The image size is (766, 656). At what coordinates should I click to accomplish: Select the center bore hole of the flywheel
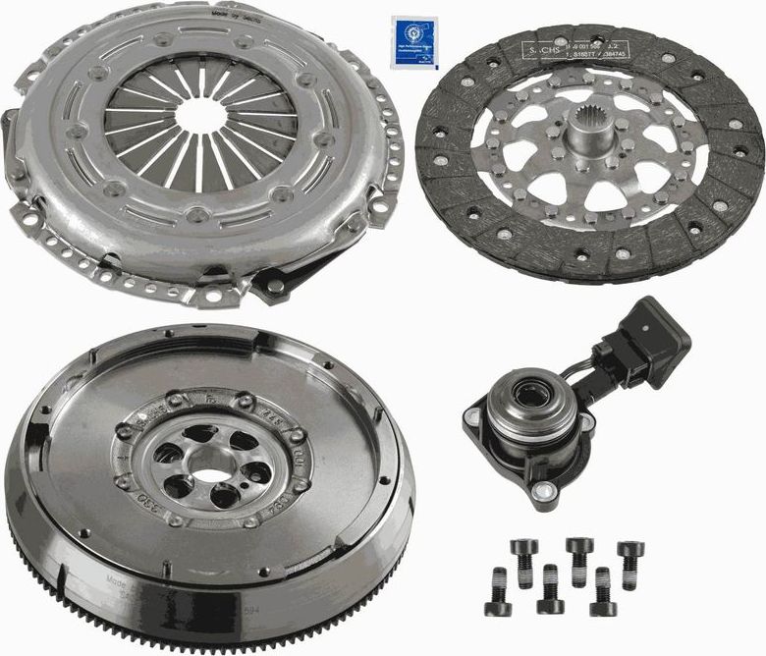tap(208, 474)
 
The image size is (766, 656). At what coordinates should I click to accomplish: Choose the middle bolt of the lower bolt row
tap(551, 586)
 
